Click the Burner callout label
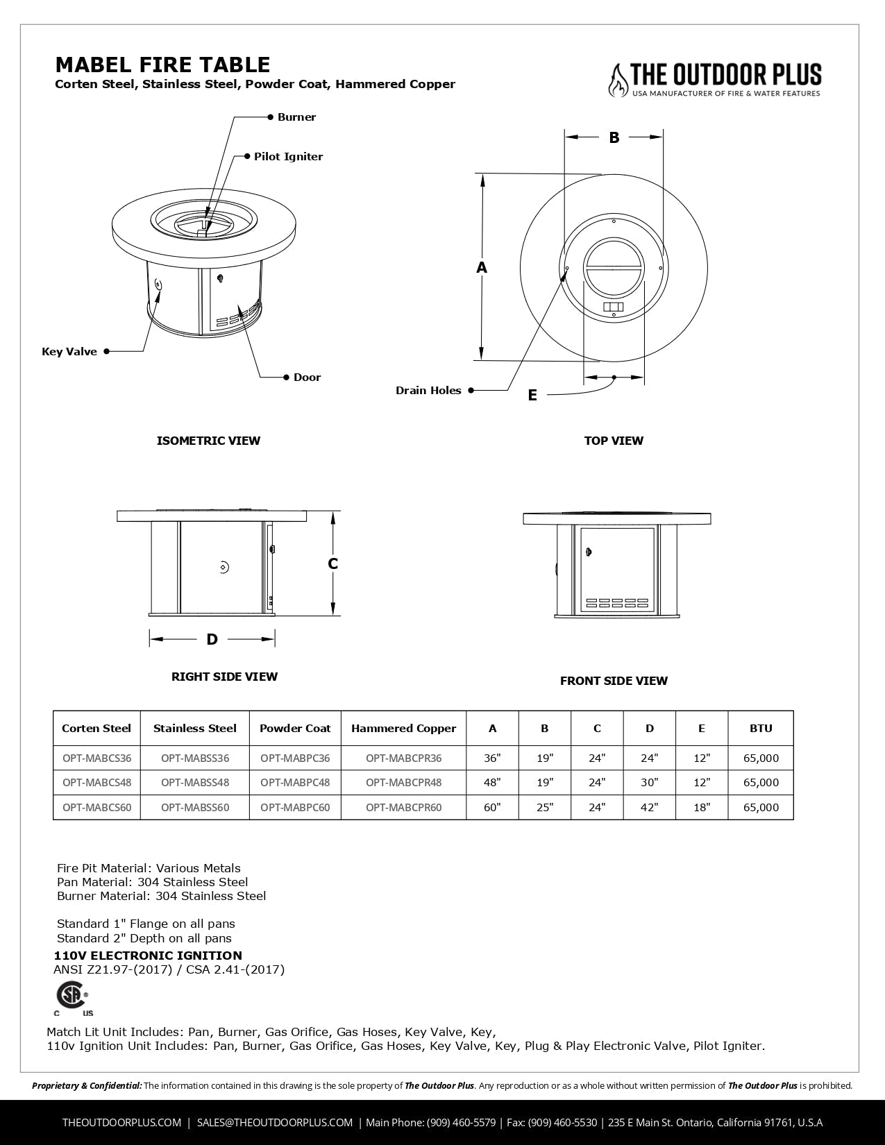point(296,117)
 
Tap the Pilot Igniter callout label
point(288,157)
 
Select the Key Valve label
point(69,352)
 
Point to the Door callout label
point(307,378)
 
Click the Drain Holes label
point(428,391)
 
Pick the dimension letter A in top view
point(482,268)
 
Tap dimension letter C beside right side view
point(333,564)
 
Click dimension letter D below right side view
point(212,639)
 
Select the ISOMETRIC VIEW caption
point(208,441)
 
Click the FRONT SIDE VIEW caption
point(614,681)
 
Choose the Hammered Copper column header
point(403,729)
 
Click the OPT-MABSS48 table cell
point(195,783)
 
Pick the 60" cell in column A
point(492,808)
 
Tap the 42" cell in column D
point(649,808)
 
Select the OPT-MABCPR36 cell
point(403,758)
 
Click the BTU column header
point(761,729)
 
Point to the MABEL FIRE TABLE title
point(162,65)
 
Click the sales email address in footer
point(275,1122)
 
